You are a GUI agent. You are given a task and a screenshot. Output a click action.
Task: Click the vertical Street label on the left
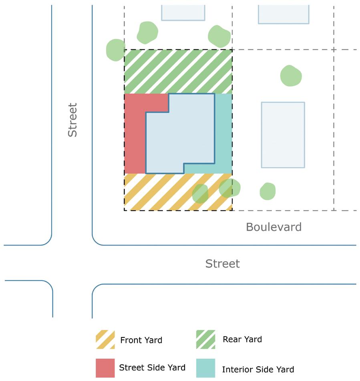coord(72,120)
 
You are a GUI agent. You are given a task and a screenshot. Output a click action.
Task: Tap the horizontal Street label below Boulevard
coord(222,264)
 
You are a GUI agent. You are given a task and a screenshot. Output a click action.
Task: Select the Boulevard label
coord(274,227)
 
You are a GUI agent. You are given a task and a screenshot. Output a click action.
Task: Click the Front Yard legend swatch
coord(105,340)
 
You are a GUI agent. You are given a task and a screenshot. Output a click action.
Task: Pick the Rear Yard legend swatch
coord(205,339)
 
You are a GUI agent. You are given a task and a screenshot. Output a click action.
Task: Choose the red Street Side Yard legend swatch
coord(105,368)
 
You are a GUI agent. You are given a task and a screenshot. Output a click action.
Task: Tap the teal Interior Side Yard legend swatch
coord(205,368)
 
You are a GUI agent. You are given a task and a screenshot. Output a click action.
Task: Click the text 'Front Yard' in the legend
coord(141,341)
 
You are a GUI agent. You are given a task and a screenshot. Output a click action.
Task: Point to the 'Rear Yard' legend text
coord(242,339)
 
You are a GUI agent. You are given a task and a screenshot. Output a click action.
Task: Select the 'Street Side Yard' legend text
coord(152,367)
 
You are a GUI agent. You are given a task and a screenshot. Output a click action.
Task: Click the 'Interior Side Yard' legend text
coord(258,369)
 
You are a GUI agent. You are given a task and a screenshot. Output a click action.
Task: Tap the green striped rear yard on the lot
coord(178,71)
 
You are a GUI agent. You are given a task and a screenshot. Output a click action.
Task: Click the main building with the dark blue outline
coord(180,132)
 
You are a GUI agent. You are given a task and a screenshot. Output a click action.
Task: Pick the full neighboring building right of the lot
coord(283,135)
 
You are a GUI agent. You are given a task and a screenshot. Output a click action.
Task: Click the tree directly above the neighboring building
coord(291,76)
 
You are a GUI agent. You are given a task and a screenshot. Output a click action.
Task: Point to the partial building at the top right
coord(284,14)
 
